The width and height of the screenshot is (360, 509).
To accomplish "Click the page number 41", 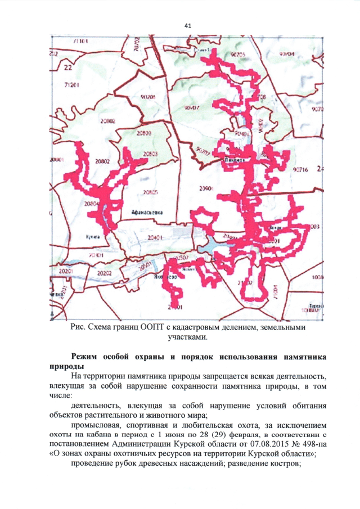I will [x=188, y=26].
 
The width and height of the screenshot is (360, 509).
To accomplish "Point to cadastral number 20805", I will [x=150, y=192].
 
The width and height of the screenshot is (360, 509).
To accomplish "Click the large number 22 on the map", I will [x=68, y=68].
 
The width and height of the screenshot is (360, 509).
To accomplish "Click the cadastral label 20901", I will [x=206, y=188].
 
